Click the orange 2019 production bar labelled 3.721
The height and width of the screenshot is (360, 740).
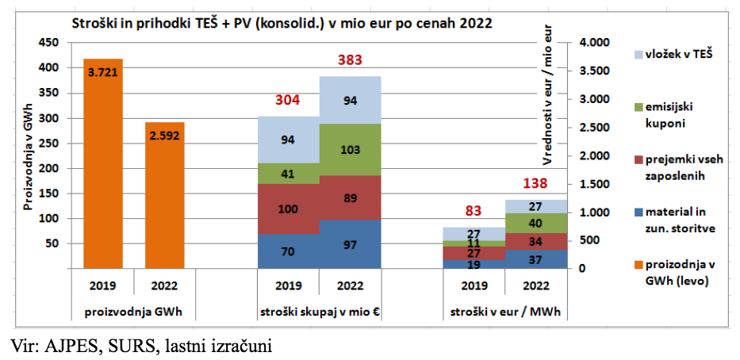[103, 164]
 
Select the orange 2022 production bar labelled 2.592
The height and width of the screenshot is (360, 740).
[164, 196]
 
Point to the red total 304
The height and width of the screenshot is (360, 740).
[288, 101]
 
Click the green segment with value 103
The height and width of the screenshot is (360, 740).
[350, 150]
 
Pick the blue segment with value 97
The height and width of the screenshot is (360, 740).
[350, 245]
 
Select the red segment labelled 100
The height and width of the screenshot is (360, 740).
[288, 209]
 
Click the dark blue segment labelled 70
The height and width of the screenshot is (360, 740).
[288, 252]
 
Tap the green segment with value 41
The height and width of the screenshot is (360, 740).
[288, 174]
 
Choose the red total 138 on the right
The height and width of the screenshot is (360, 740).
[535, 184]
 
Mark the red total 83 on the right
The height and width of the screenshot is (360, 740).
[474, 212]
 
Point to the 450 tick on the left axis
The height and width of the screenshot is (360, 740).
[49, 43]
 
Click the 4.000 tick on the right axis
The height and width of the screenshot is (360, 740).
[595, 43]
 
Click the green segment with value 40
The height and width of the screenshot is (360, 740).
[535, 223]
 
